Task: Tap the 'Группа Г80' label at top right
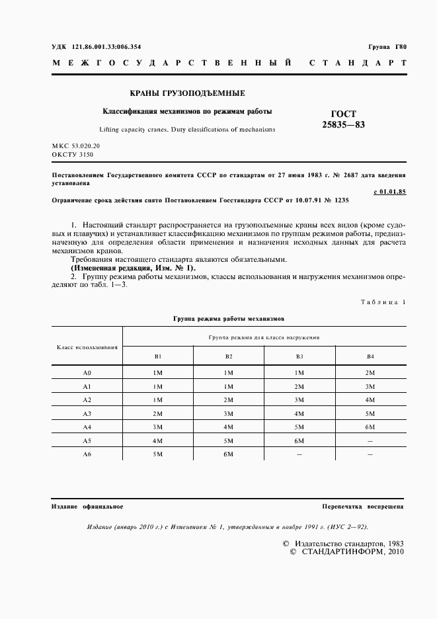[x=387, y=47]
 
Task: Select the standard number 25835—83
[x=343, y=124]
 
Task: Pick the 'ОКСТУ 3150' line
[x=73, y=154]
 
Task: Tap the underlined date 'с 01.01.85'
[x=389, y=191]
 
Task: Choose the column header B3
[x=299, y=356]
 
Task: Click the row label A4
[x=87, y=427]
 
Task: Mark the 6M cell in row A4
[x=370, y=427]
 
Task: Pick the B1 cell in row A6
[x=157, y=454]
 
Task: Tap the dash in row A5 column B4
[x=370, y=441]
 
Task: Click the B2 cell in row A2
[x=228, y=400]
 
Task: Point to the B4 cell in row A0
[x=370, y=373]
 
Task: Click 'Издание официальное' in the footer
[x=87, y=507]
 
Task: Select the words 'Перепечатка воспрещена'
[x=363, y=507]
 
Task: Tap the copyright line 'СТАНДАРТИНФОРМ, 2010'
[x=346, y=552]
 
